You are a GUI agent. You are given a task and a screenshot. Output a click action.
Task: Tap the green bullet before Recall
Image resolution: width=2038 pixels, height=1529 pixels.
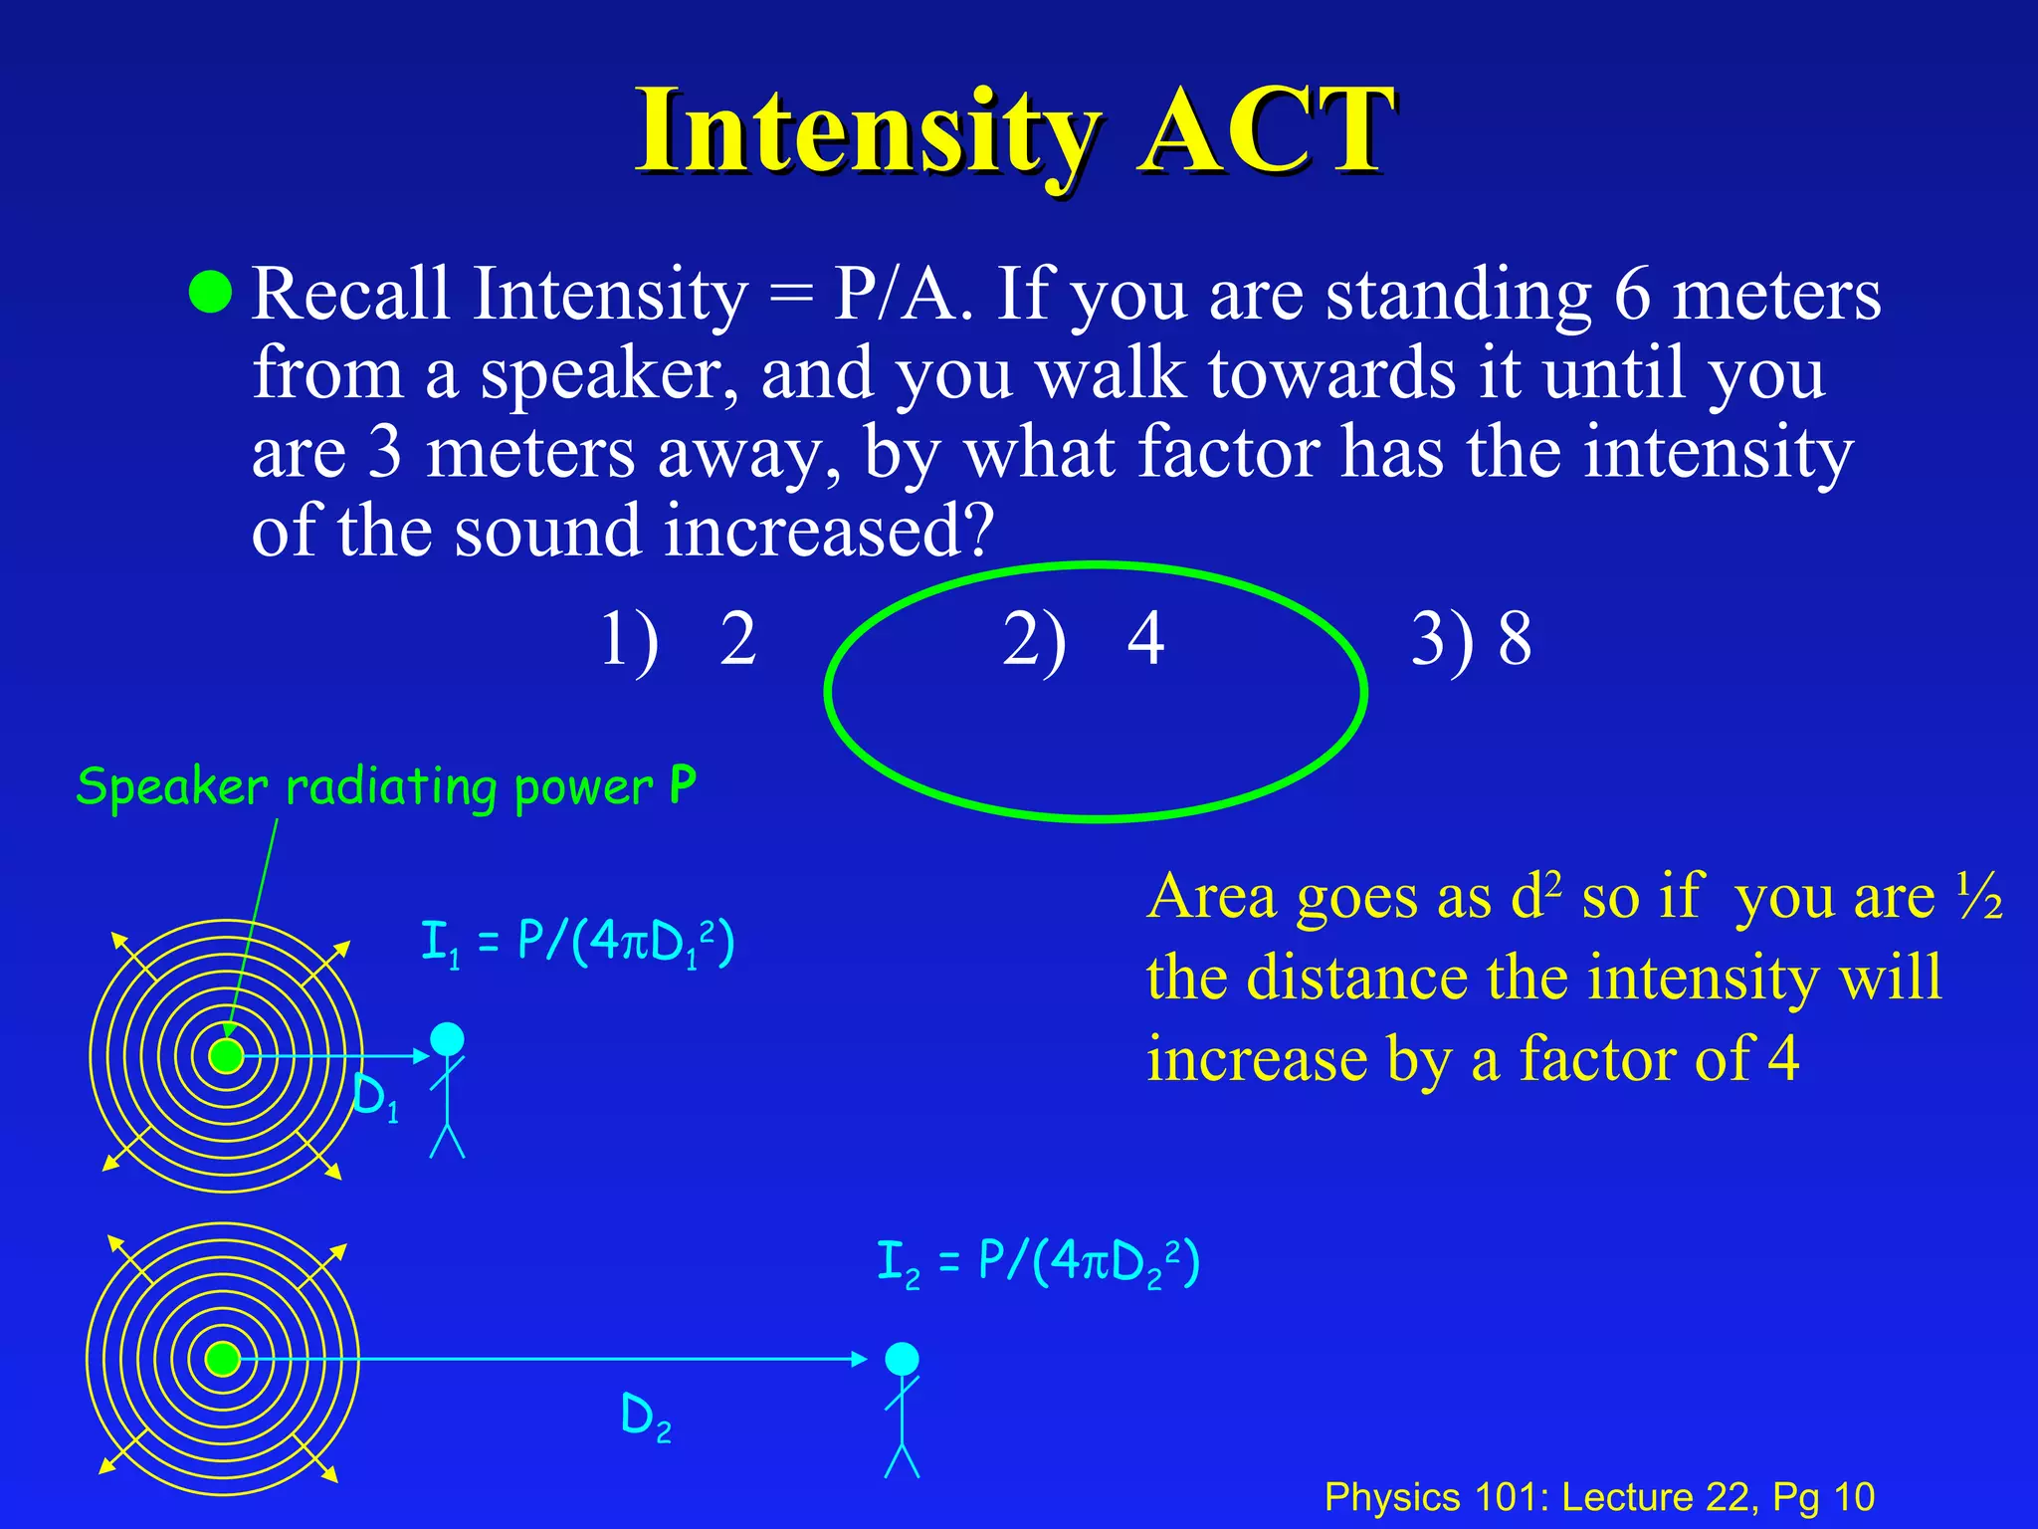[210, 292]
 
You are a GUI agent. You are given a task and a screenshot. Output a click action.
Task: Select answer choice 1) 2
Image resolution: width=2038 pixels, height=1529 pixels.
[679, 639]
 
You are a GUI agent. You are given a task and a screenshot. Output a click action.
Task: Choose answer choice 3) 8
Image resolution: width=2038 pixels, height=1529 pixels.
[1471, 639]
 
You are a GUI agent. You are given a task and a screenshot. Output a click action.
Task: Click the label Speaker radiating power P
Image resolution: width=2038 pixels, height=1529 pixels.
[385, 786]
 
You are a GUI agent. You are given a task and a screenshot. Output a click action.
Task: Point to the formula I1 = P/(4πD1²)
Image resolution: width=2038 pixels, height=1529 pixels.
[577, 942]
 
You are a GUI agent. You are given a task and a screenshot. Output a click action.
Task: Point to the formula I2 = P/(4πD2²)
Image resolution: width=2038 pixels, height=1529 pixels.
[1038, 1262]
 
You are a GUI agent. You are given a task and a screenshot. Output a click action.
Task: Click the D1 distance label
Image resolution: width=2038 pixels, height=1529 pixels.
[376, 1099]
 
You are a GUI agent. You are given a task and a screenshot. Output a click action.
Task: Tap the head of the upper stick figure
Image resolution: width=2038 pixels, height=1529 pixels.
[447, 1039]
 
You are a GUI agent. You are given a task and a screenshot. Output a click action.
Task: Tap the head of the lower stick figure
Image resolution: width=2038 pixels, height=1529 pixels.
[902, 1359]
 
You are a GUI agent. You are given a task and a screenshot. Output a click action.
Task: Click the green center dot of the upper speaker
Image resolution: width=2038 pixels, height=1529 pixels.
[227, 1055]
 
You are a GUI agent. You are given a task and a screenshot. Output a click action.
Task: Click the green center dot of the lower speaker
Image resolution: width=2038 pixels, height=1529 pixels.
[223, 1359]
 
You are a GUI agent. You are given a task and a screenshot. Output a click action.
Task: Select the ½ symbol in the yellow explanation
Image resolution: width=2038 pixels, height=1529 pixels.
[1978, 898]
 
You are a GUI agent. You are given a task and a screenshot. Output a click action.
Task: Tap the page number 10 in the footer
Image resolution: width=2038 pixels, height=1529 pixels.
[1853, 1497]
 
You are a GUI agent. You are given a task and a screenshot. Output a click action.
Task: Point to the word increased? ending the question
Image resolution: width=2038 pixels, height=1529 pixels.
[828, 531]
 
